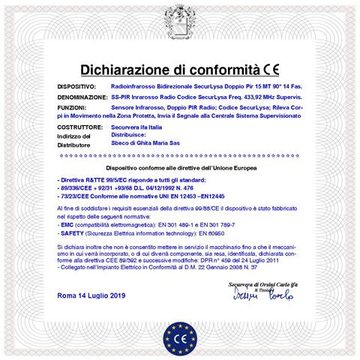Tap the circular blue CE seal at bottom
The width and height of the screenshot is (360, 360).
180,332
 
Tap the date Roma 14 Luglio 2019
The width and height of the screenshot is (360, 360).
92,296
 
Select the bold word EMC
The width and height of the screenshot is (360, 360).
67,223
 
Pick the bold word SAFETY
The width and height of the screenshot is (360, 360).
71,233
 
